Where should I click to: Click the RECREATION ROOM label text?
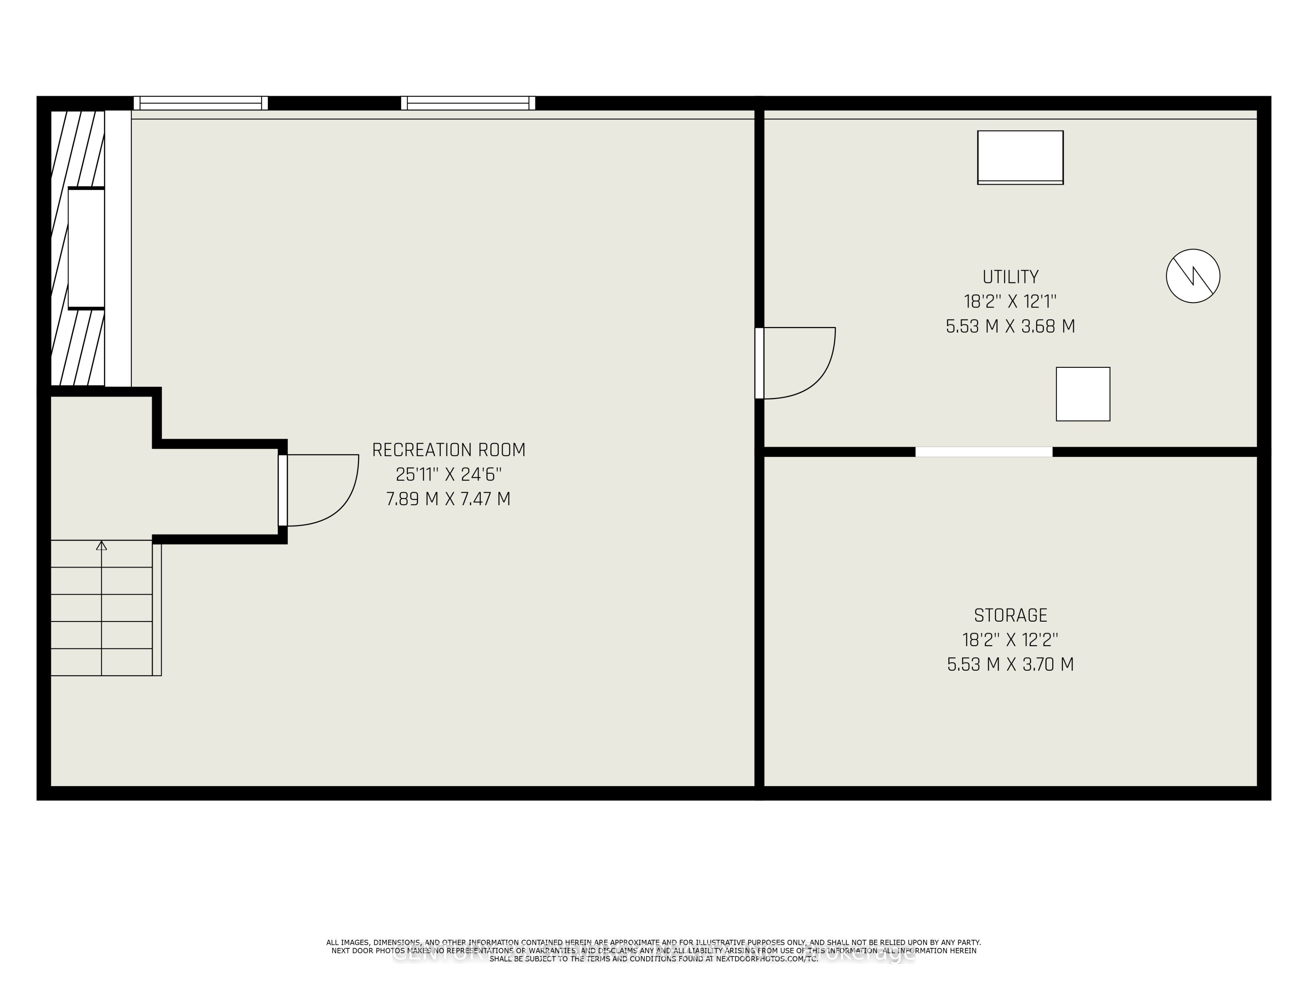click(448, 450)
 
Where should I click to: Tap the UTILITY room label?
click(1010, 277)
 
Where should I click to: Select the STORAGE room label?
click(1010, 616)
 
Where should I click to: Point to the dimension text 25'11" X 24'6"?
click(448, 474)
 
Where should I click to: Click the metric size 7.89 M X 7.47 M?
click(448, 499)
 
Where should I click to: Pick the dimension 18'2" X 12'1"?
click(1010, 301)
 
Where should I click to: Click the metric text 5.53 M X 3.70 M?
click(1010, 665)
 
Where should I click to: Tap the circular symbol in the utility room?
click(1193, 276)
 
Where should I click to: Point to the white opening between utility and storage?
click(983, 452)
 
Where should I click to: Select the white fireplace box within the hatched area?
click(86, 248)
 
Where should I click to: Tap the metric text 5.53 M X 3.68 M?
click(1010, 326)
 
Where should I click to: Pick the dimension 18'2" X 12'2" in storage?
click(1010, 640)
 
